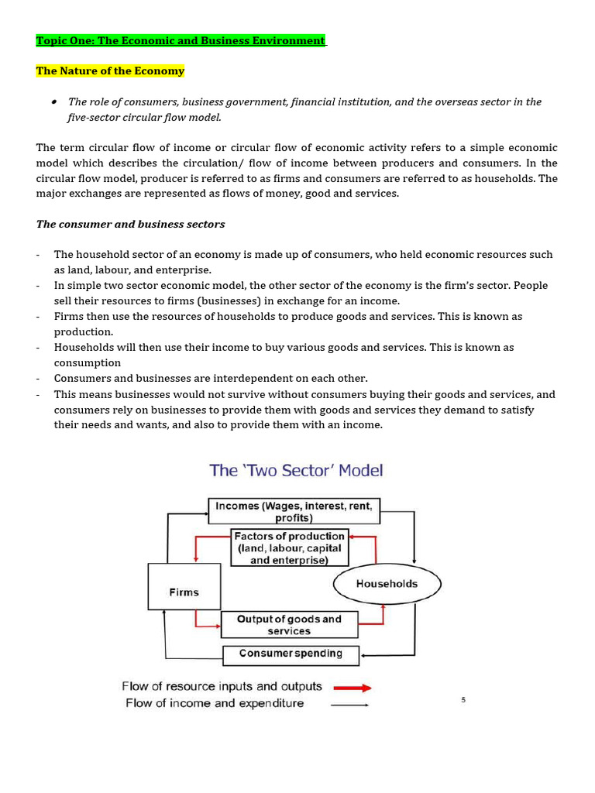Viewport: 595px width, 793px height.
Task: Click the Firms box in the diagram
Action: pos(184,586)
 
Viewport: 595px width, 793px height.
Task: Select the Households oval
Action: pos(387,584)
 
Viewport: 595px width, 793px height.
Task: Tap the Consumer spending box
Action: pos(291,654)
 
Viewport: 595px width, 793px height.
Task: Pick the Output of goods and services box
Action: pos(289,625)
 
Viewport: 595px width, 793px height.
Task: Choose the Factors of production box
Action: pos(289,548)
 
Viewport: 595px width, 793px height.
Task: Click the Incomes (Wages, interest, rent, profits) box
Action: pos(294,511)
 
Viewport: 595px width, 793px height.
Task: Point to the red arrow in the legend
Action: pos(353,688)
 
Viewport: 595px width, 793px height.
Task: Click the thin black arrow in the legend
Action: pos(350,705)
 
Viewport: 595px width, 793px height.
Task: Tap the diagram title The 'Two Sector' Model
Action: pos(297,470)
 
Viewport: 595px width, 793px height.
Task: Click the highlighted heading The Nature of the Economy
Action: pos(110,71)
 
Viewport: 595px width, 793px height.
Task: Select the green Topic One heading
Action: pos(181,40)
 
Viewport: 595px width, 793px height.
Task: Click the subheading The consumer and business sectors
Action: pos(130,225)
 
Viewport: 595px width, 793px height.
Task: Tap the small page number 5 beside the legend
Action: pos(463,700)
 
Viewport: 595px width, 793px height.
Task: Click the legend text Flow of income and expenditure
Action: pos(215,704)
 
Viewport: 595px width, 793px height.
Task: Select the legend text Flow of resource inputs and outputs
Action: pos(222,687)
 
